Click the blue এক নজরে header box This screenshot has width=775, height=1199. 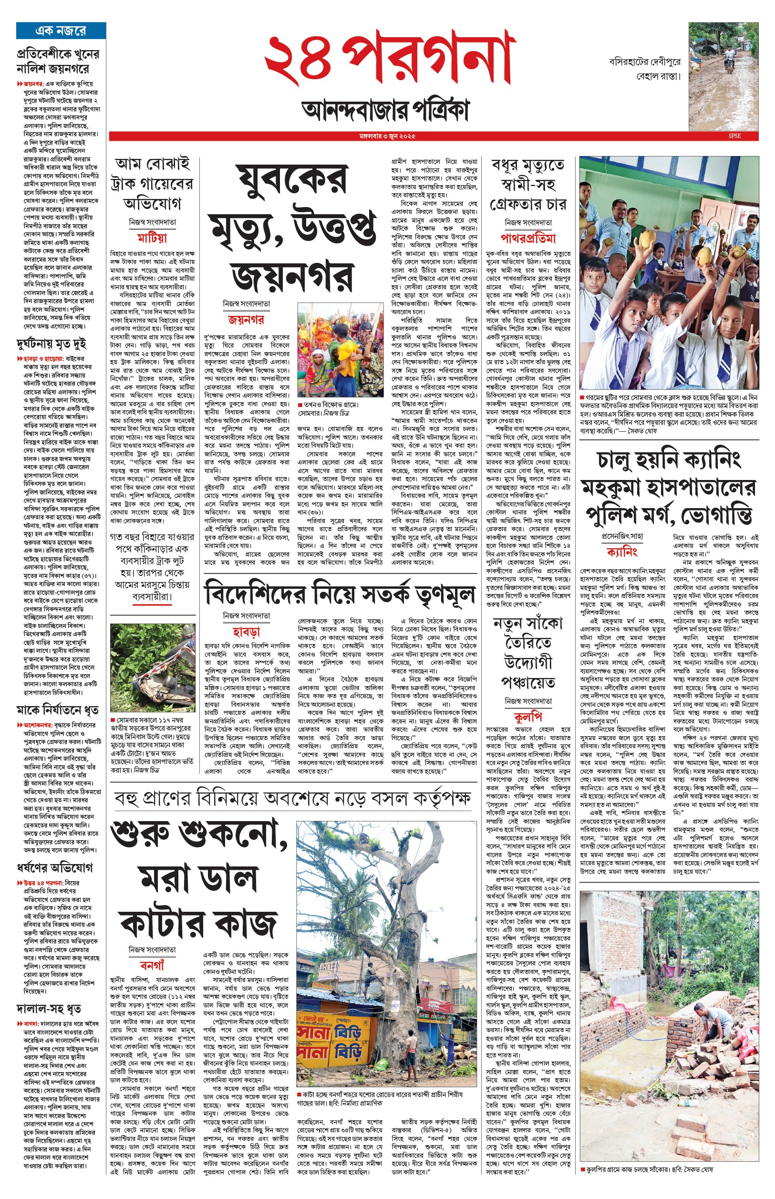[61, 31]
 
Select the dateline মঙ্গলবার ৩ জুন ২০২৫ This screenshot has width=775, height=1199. [387, 136]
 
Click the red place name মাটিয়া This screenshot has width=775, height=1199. [152, 238]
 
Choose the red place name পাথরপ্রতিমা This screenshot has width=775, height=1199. [528, 238]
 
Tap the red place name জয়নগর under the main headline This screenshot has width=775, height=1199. [246, 320]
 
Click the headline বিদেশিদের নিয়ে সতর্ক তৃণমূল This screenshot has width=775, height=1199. [340, 594]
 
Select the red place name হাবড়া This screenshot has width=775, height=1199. [246, 632]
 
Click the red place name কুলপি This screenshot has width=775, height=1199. [528, 717]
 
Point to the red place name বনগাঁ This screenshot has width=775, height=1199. [152, 965]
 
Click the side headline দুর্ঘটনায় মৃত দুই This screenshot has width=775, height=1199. [52, 344]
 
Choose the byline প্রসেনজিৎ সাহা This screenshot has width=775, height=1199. [622, 537]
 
